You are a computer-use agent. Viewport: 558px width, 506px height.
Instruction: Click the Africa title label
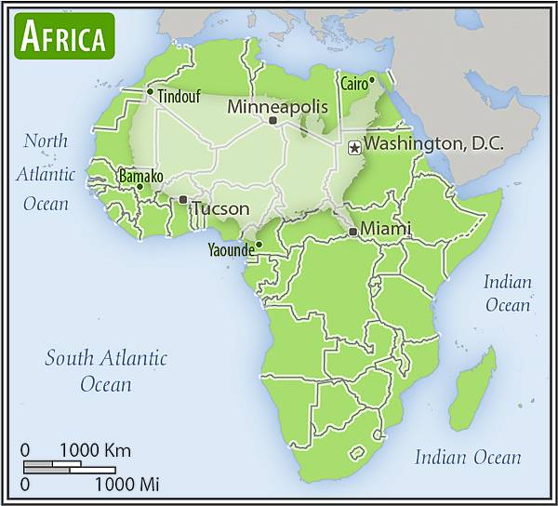(62, 36)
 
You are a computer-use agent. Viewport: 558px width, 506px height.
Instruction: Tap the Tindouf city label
(179, 96)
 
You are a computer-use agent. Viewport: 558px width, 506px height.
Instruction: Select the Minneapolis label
(277, 107)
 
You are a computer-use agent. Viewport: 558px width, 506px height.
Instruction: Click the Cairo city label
(352, 84)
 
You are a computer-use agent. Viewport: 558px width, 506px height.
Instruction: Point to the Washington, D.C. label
(432, 144)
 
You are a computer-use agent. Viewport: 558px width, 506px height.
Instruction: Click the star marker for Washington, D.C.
(353, 147)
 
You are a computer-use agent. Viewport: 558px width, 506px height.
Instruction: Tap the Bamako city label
(140, 176)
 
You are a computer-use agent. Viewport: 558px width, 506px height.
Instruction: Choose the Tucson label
(220, 208)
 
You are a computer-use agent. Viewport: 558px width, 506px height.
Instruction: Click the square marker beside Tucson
(183, 199)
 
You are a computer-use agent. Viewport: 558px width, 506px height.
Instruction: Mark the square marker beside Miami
(352, 231)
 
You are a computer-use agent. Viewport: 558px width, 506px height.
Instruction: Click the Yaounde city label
(230, 249)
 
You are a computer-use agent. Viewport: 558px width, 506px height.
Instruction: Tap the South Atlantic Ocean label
(106, 370)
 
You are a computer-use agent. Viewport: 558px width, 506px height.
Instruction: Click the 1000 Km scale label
(95, 451)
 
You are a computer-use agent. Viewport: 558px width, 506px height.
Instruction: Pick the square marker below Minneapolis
(272, 121)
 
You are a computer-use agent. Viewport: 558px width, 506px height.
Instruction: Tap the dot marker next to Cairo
(372, 79)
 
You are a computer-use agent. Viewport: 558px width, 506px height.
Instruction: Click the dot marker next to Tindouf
(150, 91)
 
